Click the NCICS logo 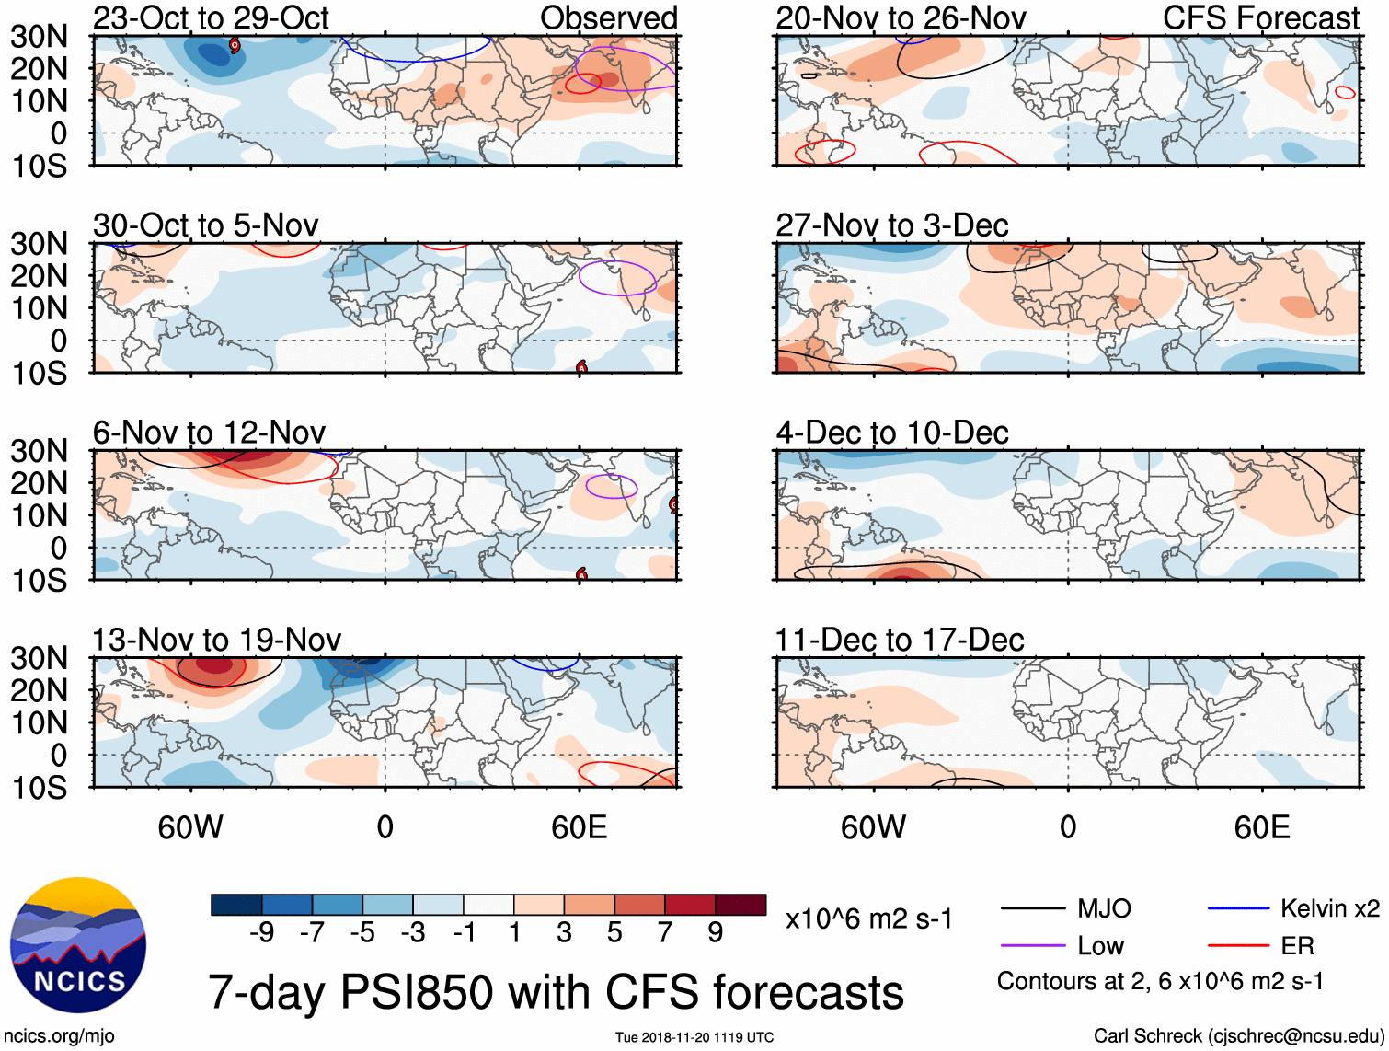point(78,945)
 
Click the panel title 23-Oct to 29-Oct point(211,18)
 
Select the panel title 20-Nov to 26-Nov point(901,18)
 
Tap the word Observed point(608,18)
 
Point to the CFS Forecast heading point(1261,18)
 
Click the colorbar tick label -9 point(262,933)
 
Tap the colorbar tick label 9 point(716,933)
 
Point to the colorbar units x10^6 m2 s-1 point(868,919)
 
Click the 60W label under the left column point(190,827)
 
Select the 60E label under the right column point(1261,827)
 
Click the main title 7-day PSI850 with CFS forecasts point(556,993)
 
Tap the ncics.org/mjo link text point(59,1036)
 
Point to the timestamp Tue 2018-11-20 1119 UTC point(694,1038)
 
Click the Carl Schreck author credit point(1238,1036)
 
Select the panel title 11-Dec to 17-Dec point(899,640)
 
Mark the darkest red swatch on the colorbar point(740,905)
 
